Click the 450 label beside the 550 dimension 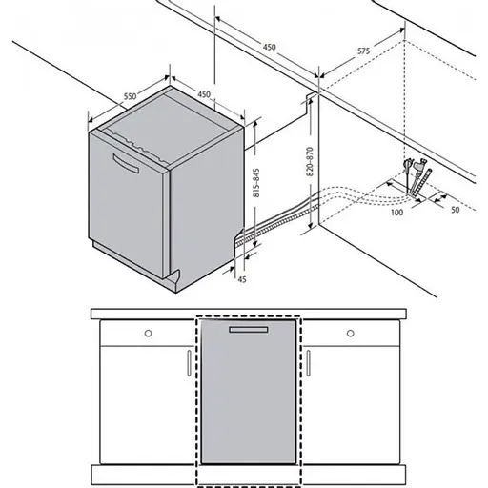coord(205,93)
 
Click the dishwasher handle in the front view coord(247,329)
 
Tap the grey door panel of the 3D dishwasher coord(129,205)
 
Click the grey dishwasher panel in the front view coord(247,400)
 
